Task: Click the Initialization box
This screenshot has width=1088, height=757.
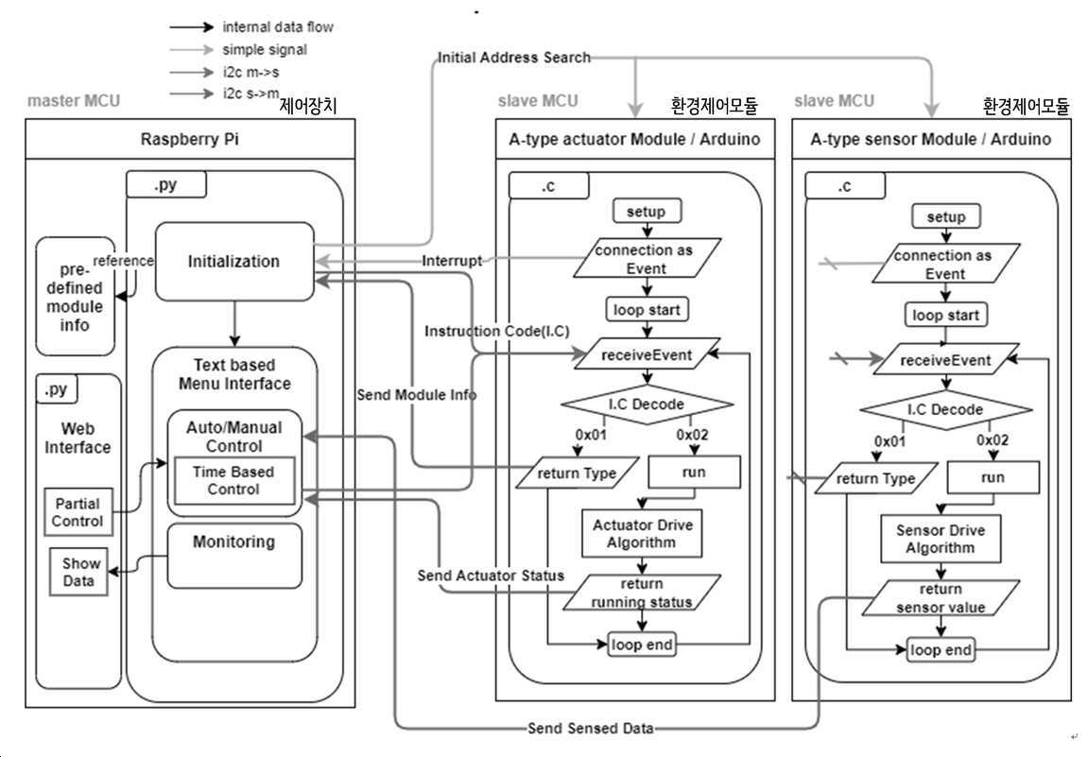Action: click(234, 262)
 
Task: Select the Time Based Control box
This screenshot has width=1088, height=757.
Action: click(233, 480)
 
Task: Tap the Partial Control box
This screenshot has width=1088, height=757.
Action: click(78, 512)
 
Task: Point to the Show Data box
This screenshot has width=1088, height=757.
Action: click(78, 572)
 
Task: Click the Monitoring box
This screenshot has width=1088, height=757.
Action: click(234, 556)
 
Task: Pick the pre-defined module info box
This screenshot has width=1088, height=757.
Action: click(75, 296)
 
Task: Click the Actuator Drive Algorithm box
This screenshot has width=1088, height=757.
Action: click(642, 534)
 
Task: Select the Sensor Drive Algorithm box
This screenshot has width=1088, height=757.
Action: click(941, 539)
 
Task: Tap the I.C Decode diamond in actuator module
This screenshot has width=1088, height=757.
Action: click(647, 404)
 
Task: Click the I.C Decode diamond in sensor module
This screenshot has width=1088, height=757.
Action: click(946, 409)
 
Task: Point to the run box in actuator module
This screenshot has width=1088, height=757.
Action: click(694, 472)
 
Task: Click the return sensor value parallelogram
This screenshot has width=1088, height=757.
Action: click(941, 598)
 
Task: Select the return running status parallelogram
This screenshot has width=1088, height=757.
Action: click(642, 593)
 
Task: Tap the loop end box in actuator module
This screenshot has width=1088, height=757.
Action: click(642, 645)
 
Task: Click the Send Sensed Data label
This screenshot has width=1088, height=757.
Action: click(591, 728)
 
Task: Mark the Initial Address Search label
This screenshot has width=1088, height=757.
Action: click(514, 58)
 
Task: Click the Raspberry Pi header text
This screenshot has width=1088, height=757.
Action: click(189, 139)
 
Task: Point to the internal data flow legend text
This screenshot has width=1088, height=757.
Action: click(278, 27)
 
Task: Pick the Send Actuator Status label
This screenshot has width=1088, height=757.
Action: click(491, 576)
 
